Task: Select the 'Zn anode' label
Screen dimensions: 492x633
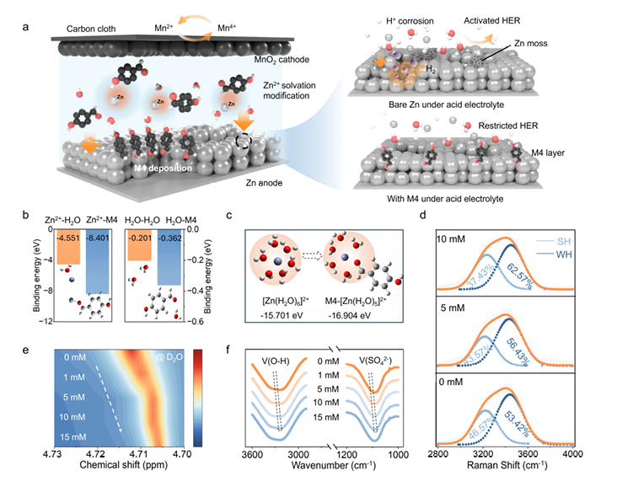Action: pyautogui.click(x=251, y=180)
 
